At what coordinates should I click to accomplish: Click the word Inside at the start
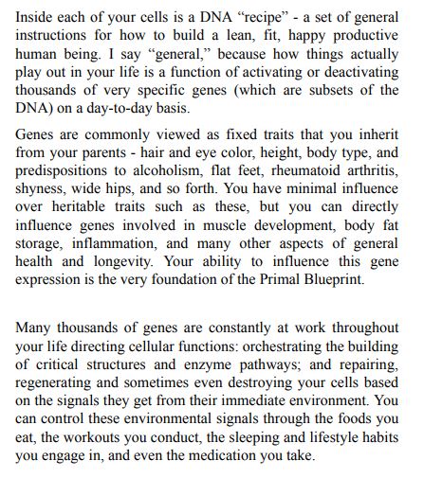click(x=35, y=20)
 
